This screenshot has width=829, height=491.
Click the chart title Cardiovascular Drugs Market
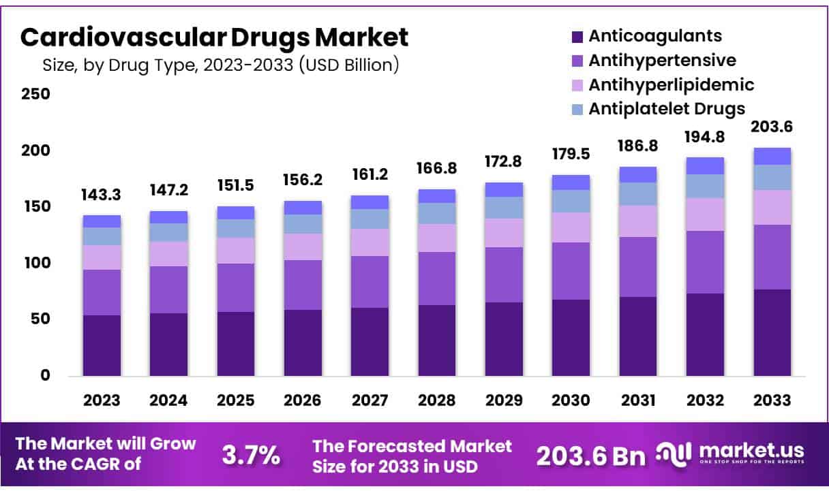pos(215,37)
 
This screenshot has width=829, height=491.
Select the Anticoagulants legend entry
pos(654,36)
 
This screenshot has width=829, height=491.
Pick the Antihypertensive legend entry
pos(662,61)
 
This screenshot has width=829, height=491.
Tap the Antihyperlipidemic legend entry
pos(671,84)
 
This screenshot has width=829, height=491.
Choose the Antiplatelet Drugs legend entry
pos(666,108)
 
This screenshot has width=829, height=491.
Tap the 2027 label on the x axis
pos(370,400)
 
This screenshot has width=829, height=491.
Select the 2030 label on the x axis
pos(571,400)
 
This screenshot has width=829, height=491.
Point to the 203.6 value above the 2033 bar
pos(772,127)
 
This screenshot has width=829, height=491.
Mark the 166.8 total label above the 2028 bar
pos(437,168)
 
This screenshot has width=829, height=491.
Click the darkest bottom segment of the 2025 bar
pos(236,344)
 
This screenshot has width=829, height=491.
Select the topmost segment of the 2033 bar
pos(772,156)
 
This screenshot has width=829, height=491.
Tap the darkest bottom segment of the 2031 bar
pos(638,336)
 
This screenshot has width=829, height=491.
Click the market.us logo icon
pos(674,453)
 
